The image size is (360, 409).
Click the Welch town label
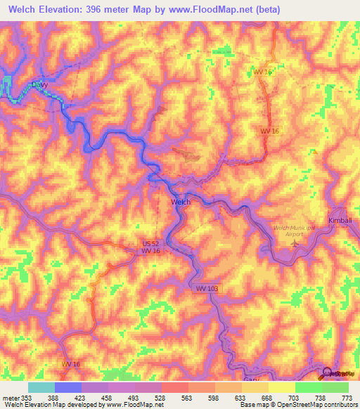pyautogui.click(x=181, y=202)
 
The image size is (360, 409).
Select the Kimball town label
pyautogui.click(x=340, y=220)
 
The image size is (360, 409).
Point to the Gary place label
pyautogui.click(x=251, y=379)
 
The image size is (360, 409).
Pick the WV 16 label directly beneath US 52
pyautogui.click(x=150, y=251)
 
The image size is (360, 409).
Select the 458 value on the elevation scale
pyautogui.click(x=108, y=397)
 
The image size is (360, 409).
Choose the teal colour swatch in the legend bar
pyautogui.click(x=41, y=387)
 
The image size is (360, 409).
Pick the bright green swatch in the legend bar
pyautogui.click(x=308, y=387)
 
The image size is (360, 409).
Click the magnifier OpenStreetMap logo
pyautogui.click(x=326, y=372)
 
